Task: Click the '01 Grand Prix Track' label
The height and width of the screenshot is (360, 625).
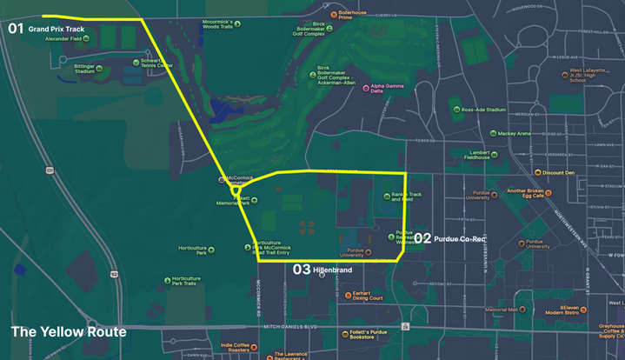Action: point(47,29)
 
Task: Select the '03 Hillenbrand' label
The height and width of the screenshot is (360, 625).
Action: point(322,270)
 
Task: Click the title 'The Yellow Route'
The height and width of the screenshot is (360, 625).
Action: point(69,332)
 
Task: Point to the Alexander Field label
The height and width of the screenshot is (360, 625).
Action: point(63,38)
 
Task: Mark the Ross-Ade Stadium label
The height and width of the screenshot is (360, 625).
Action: point(483,110)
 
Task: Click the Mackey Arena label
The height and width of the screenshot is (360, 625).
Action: point(514,134)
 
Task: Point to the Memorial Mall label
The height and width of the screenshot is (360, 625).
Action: point(501,310)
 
